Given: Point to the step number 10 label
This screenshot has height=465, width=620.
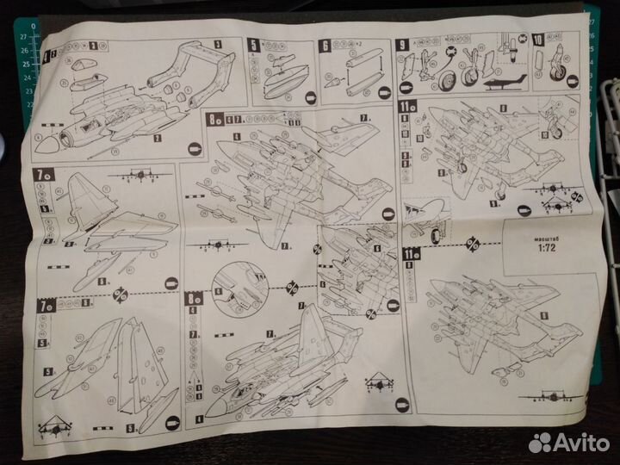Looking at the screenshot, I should [537, 40].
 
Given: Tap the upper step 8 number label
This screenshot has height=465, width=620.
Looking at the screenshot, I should [211, 120].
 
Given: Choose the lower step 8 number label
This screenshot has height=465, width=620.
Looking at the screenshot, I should [192, 299].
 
